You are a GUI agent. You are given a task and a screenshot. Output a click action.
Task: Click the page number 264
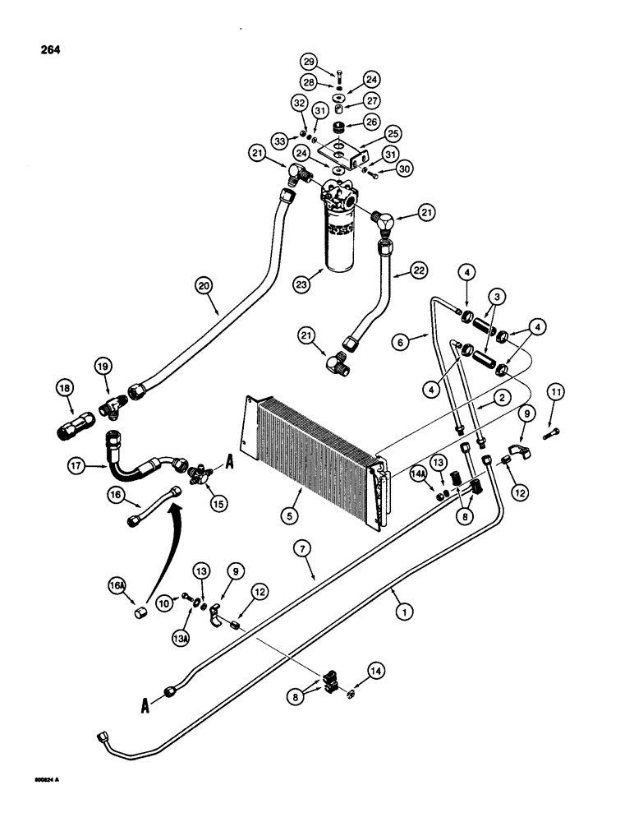pos(48,48)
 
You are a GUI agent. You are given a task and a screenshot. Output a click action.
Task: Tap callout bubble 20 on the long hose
pos(203,286)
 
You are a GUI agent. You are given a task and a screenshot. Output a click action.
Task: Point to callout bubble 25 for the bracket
pos(393,132)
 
